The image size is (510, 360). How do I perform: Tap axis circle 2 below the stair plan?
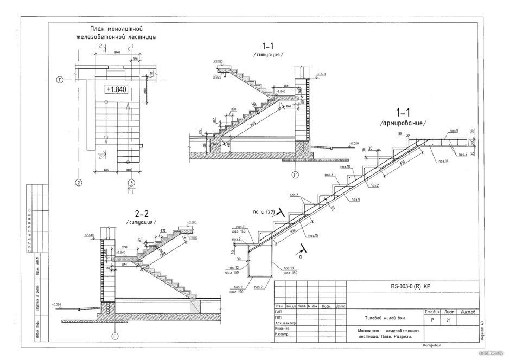pyautogui.click(x=79, y=183)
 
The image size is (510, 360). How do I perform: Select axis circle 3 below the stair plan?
pyautogui.click(x=131, y=183)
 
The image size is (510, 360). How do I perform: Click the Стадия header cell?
pyautogui.click(x=432, y=312)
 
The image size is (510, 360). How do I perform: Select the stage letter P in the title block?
pyautogui.click(x=432, y=320)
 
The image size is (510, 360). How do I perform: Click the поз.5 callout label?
pyautogui.click(x=454, y=131)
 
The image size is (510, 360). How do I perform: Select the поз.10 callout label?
pyautogui.click(x=346, y=166)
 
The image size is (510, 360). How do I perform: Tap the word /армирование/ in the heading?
pyautogui.click(x=404, y=124)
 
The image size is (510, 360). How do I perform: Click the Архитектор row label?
pyautogui.click(x=285, y=323)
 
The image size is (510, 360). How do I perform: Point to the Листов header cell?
pyautogui.click(x=468, y=312)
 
